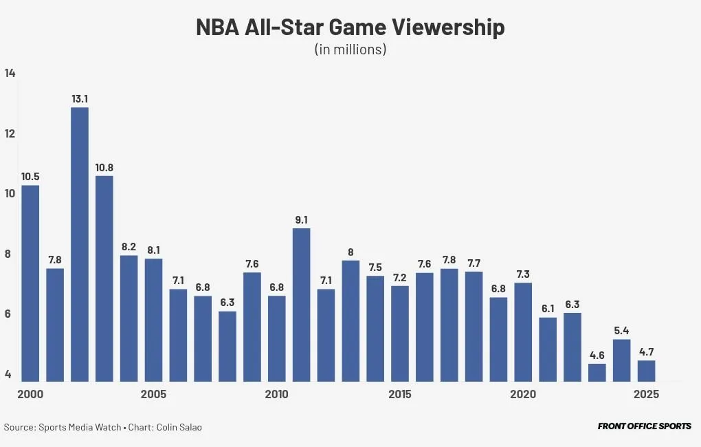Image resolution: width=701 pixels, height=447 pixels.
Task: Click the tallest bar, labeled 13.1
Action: [x=80, y=244]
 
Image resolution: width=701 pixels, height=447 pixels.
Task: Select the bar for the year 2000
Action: [x=30, y=283]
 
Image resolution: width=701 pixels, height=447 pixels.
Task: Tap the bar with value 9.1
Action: [x=301, y=305]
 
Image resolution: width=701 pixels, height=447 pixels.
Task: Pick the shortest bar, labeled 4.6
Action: [x=597, y=372]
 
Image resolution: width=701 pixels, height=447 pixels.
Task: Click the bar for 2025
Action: [x=646, y=371]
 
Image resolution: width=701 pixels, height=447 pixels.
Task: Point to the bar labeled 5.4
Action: [x=621, y=360]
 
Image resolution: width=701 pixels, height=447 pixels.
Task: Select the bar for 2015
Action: [x=400, y=333]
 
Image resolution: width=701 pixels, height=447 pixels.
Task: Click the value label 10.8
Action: [x=104, y=167]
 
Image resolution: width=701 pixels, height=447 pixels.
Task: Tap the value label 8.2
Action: [x=129, y=246]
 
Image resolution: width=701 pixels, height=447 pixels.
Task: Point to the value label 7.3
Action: [x=523, y=274]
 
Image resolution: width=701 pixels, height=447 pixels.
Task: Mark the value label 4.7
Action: [x=646, y=351]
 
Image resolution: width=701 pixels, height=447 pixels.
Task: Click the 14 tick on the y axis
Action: [x=9, y=74]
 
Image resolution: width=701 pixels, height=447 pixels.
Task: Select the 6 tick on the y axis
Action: [x=8, y=314]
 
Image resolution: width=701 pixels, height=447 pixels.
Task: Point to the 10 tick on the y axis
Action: [x=8, y=194]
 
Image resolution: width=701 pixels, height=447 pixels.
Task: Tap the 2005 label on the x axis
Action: [x=153, y=395]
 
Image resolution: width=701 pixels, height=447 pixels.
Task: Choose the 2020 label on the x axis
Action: [x=523, y=395]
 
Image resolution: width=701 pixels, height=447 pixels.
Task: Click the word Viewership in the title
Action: [x=448, y=28]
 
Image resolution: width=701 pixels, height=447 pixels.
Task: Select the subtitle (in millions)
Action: [x=350, y=50]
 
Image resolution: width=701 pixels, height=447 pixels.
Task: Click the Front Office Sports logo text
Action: [x=644, y=426]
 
